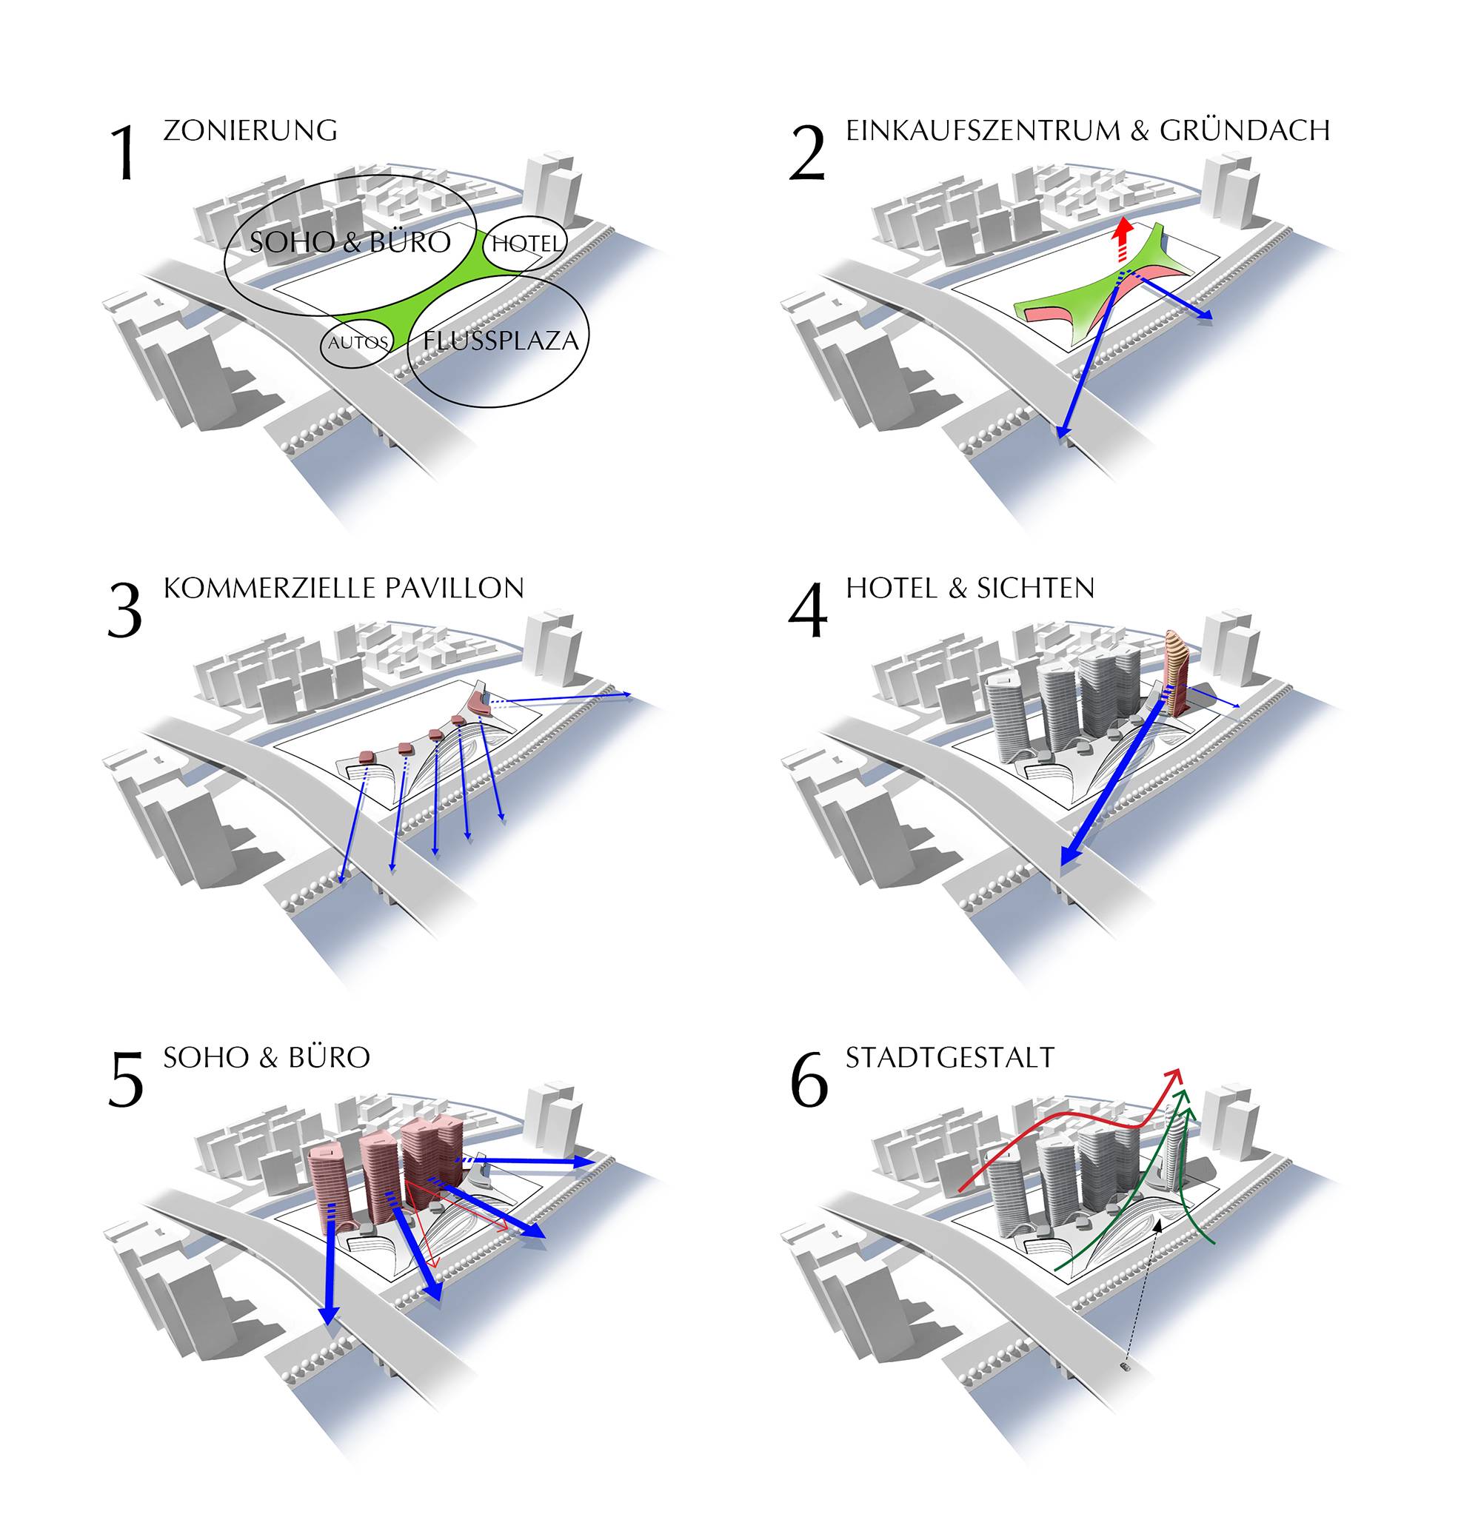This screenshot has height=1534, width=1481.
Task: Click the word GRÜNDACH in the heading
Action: (1245, 129)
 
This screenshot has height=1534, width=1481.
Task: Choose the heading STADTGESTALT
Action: (950, 1058)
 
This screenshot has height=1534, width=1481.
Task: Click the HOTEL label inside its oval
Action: (526, 244)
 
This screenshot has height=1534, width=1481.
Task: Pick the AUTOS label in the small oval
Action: (358, 343)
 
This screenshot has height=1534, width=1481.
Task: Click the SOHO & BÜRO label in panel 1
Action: (350, 241)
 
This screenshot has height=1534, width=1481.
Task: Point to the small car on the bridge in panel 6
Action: (1126, 1367)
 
